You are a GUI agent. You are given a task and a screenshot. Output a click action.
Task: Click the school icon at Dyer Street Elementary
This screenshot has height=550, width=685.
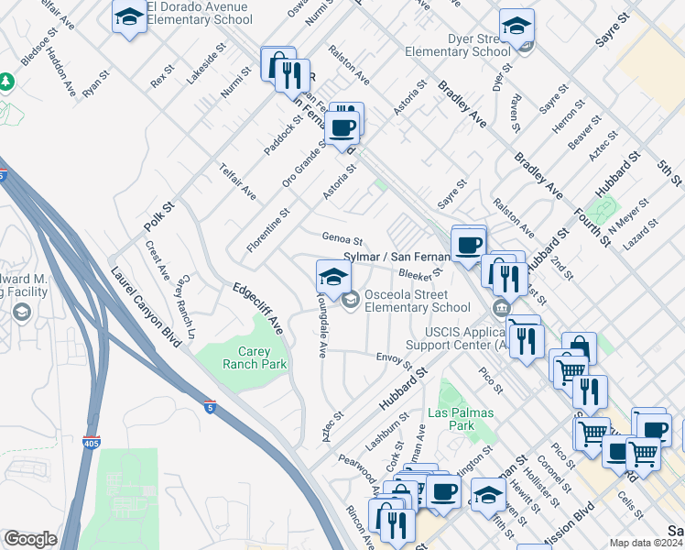(516, 27)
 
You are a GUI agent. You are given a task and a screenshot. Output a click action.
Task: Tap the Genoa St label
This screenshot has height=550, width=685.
(343, 237)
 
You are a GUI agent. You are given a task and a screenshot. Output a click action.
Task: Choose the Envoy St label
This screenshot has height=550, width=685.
(395, 359)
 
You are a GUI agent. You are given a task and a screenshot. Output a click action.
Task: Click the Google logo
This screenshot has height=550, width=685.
(30, 538)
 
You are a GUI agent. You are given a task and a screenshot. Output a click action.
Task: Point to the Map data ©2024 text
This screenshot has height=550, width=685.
(645, 543)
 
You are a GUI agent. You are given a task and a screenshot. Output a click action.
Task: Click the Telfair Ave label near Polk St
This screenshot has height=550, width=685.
(236, 181)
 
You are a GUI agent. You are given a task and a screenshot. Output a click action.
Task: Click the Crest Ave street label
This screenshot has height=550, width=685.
(157, 260)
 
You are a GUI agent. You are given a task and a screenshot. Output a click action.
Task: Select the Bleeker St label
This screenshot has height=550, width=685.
(420, 271)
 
